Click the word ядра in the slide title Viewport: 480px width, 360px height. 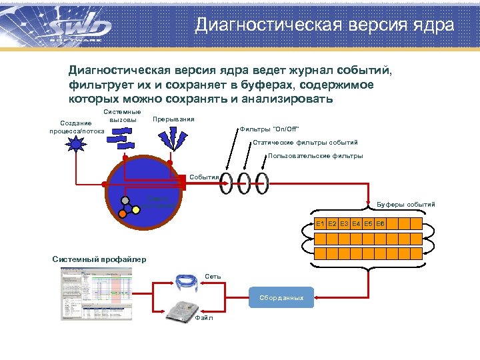pyautogui.click(x=433, y=25)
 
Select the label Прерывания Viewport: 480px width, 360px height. pyautogui.click(x=173, y=119)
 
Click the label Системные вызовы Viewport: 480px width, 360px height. pyautogui.click(x=123, y=116)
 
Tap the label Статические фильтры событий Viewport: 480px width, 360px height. pyautogui.click(x=305, y=143)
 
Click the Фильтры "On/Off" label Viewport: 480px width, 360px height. pyautogui.click(x=270, y=129)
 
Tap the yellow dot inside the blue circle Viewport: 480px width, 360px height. pyautogui.click(x=136, y=209)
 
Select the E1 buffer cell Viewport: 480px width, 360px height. pyautogui.click(x=320, y=223)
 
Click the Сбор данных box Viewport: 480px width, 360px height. pyautogui.click(x=283, y=297)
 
